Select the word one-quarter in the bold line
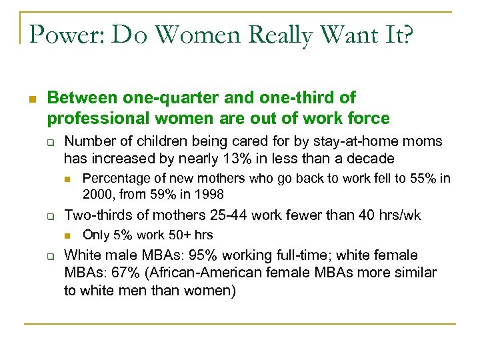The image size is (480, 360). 145,98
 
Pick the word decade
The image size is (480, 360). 371,159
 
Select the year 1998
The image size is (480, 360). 209,195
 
